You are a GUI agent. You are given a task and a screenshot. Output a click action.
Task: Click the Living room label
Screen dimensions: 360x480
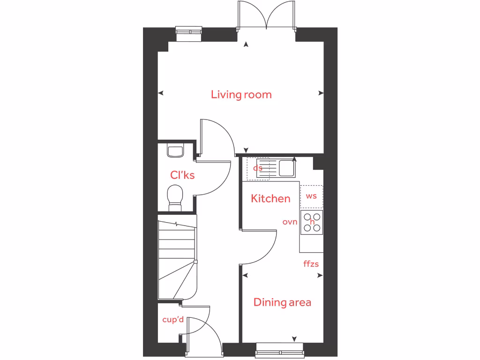pyautogui.click(x=241, y=95)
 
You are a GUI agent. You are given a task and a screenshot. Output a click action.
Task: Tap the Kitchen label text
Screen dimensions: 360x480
pyautogui.click(x=270, y=199)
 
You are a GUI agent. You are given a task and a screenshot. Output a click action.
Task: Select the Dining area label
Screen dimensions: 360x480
pyautogui.click(x=282, y=302)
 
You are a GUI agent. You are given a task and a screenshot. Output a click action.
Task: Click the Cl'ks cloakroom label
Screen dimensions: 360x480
pyautogui.click(x=182, y=175)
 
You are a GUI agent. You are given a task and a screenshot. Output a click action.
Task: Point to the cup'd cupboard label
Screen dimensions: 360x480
pyautogui.click(x=172, y=320)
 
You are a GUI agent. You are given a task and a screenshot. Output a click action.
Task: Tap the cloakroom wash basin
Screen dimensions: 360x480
pyautogui.click(x=175, y=151)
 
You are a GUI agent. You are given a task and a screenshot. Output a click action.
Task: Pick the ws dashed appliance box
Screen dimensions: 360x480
pyautogui.click(x=311, y=196)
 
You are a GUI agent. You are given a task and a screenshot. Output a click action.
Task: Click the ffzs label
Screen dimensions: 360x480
pyautogui.click(x=311, y=264)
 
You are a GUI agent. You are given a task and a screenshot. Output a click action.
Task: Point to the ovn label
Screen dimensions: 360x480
pyautogui.click(x=290, y=222)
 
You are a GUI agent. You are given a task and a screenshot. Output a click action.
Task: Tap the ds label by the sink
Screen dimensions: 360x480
pyautogui.click(x=257, y=168)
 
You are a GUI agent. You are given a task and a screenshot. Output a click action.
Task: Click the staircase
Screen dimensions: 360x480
pyautogui.click(x=177, y=258)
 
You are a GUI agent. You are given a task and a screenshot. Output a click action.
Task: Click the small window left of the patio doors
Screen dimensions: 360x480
pyautogui.click(x=189, y=31)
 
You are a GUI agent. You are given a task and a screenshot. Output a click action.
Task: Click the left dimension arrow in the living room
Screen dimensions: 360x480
pyautogui.click(x=161, y=93)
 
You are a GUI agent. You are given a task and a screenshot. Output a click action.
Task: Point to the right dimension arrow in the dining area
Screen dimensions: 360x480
pyautogui.click(x=320, y=275)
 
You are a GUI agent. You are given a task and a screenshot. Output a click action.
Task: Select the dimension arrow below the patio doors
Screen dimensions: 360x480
pyautogui.click(x=246, y=45)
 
